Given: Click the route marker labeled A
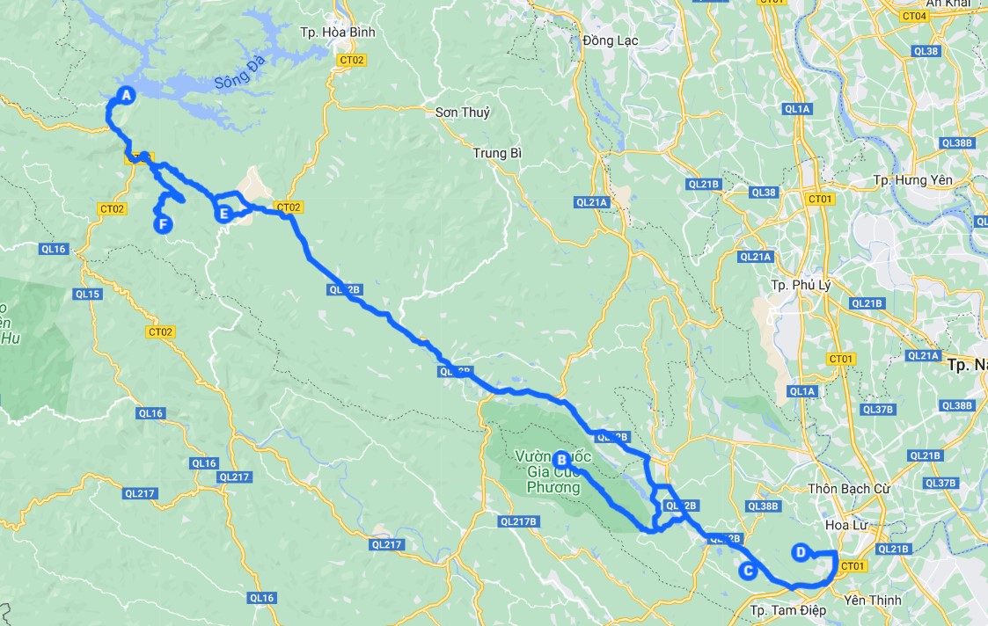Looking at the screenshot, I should pos(126,95).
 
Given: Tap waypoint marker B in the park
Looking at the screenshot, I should pos(561,458).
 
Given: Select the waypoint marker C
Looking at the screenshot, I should pos(748,571).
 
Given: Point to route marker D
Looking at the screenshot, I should pos(800,552).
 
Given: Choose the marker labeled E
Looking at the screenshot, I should pos(224,214).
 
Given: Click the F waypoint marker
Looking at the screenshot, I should pos(163,224).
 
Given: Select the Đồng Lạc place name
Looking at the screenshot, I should pos(610,40).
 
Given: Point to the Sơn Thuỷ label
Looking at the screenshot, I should pos(463,113).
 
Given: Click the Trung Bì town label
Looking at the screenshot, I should pos(497,153).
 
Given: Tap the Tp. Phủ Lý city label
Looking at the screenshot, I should pos(801,285).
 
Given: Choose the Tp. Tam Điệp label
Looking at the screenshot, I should pos(786,609).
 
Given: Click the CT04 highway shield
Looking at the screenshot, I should pos(915,16).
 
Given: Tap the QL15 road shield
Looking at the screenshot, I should pos(87,294).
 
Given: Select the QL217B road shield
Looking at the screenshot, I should pos(517,521).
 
